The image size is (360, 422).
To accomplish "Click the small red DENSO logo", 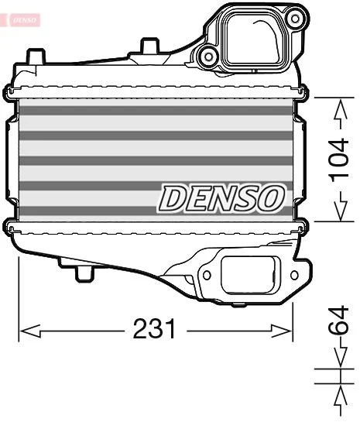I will (22, 18).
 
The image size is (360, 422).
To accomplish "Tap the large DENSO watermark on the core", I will (221, 198).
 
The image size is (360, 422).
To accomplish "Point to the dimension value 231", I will (155, 330).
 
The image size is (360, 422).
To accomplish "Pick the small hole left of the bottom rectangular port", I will (206, 274).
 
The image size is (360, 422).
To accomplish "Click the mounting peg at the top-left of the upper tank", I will (34, 57).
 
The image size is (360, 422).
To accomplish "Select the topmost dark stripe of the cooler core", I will (155, 110).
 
